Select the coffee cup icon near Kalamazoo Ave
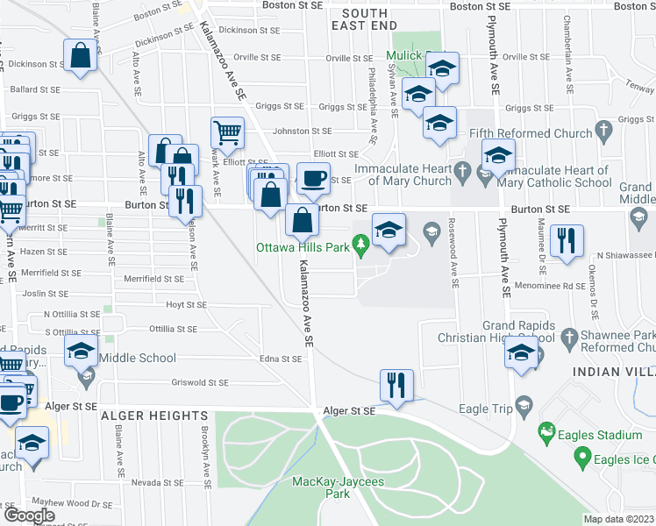[x=313, y=179]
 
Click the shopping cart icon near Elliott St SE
[x=227, y=133]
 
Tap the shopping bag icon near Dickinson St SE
[x=80, y=55]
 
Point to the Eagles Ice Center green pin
[x=581, y=456]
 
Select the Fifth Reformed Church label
[x=531, y=133]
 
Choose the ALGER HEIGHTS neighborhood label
[x=153, y=415]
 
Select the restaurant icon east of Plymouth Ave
[x=567, y=240]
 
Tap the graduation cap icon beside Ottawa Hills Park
[x=389, y=230]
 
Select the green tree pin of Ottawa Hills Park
[x=359, y=242]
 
